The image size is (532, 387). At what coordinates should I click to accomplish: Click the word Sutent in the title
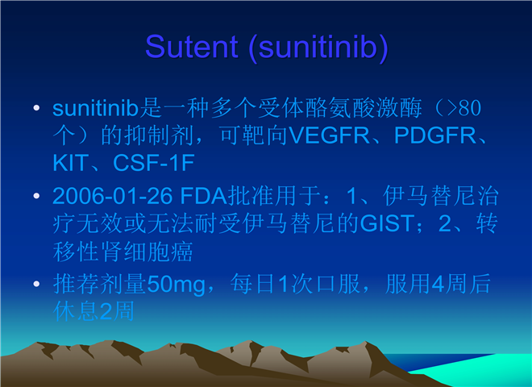[x=192, y=47]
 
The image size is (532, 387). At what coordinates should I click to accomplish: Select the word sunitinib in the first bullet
[x=96, y=108]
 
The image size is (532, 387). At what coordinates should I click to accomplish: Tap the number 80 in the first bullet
[x=470, y=109]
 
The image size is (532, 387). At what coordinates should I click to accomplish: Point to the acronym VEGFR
[x=329, y=135]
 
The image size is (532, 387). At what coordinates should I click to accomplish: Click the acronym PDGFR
[x=435, y=135]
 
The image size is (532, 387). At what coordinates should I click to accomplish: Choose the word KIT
[x=71, y=163]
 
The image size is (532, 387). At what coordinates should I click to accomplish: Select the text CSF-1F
[x=154, y=163]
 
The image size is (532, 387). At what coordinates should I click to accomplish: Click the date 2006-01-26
[x=113, y=196]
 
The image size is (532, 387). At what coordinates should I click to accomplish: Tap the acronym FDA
[x=204, y=196]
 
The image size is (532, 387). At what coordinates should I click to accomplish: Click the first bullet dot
[x=36, y=108]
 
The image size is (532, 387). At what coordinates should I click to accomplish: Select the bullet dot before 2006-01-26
[x=36, y=196]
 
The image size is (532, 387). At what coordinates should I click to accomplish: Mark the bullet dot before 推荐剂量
[x=36, y=284]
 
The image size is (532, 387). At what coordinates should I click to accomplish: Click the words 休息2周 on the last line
[x=94, y=311]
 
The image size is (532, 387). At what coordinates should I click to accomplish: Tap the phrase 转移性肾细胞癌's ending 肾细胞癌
[x=147, y=252]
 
